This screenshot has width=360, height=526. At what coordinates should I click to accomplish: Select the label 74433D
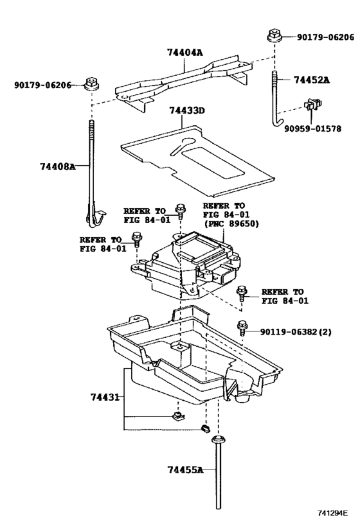[x=186, y=111]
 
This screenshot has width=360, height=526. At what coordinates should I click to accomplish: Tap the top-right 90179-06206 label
[x=325, y=37]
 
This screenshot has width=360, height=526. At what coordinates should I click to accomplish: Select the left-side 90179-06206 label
[x=42, y=84]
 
